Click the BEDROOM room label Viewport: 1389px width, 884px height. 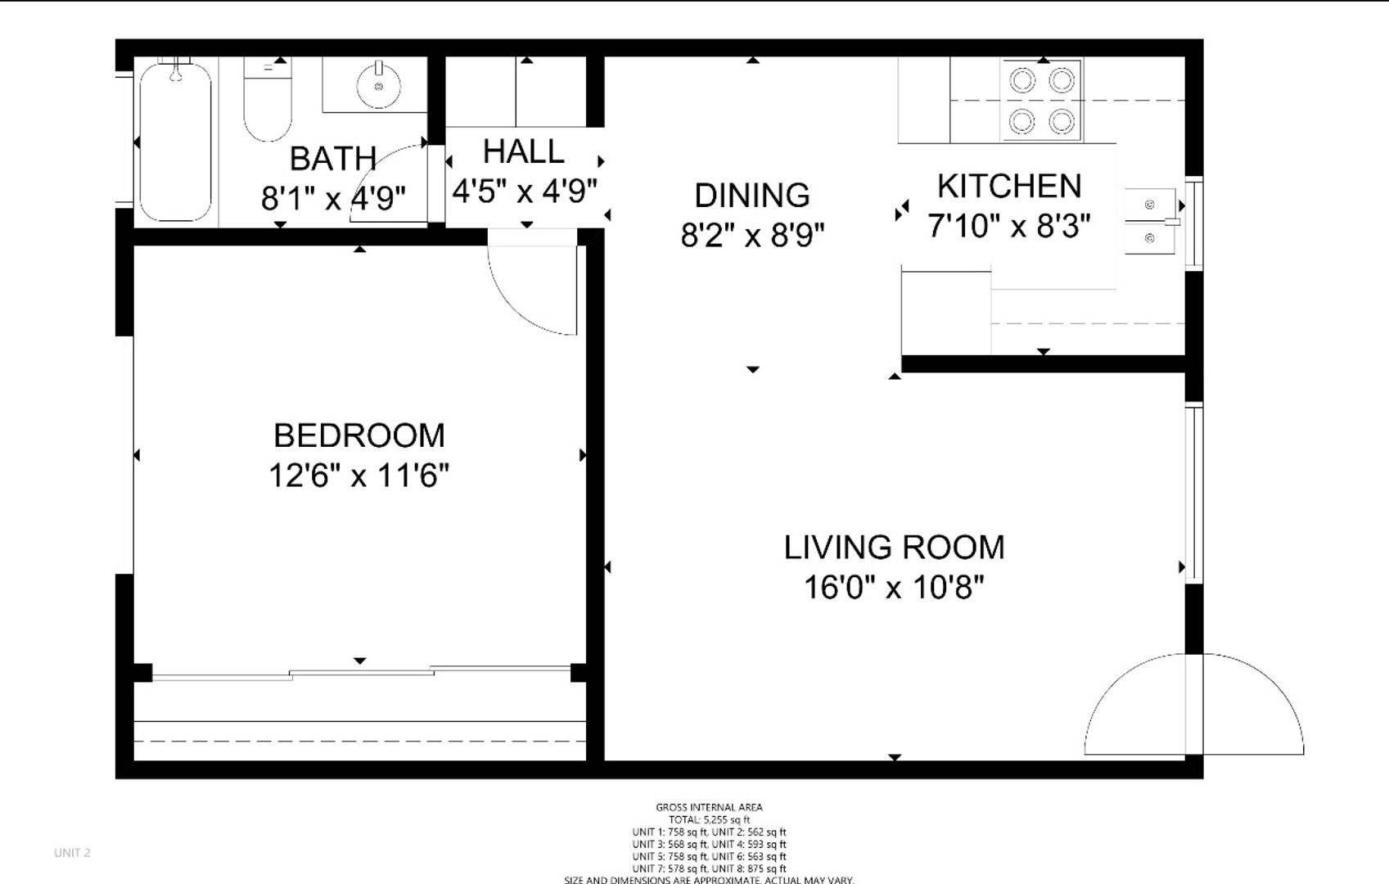(359, 435)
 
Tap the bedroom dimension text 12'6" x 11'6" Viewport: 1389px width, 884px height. (359, 475)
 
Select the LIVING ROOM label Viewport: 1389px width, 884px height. (894, 548)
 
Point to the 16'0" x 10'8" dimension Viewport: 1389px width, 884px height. (894, 587)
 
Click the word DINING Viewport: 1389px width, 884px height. (752, 196)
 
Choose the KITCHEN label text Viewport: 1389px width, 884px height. (1008, 187)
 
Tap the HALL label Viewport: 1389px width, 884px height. (523, 151)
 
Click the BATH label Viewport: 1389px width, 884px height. (332, 159)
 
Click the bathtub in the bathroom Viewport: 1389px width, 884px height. (175, 143)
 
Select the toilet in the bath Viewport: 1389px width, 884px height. (268, 102)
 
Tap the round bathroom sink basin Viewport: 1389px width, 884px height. (378, 85)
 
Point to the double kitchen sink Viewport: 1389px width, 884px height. (1150, 221)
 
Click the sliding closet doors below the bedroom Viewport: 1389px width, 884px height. (360, 674)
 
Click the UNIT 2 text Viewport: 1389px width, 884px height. (72, 852)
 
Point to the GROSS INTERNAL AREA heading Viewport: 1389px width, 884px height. (709, 807)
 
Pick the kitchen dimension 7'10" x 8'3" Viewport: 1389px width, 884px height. (1008, 226)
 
